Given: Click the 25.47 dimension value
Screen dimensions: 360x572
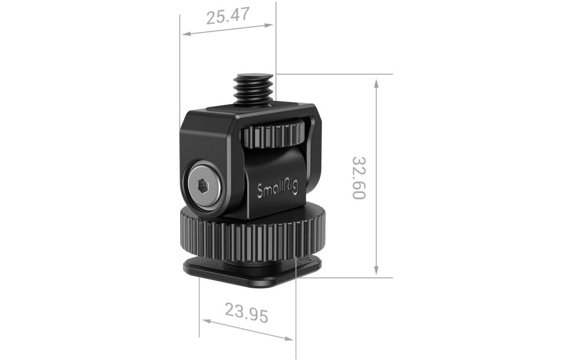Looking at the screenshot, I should click(228, 16).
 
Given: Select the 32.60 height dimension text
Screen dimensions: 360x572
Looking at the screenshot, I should click(359, 177).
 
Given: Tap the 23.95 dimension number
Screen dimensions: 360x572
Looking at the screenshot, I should click(247, 312).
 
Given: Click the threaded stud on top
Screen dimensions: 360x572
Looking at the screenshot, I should click(253, 90).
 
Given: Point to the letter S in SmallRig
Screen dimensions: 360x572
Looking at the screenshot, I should click(260, 192).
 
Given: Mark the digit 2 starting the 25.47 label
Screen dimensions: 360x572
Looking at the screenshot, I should click(211, 19).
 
